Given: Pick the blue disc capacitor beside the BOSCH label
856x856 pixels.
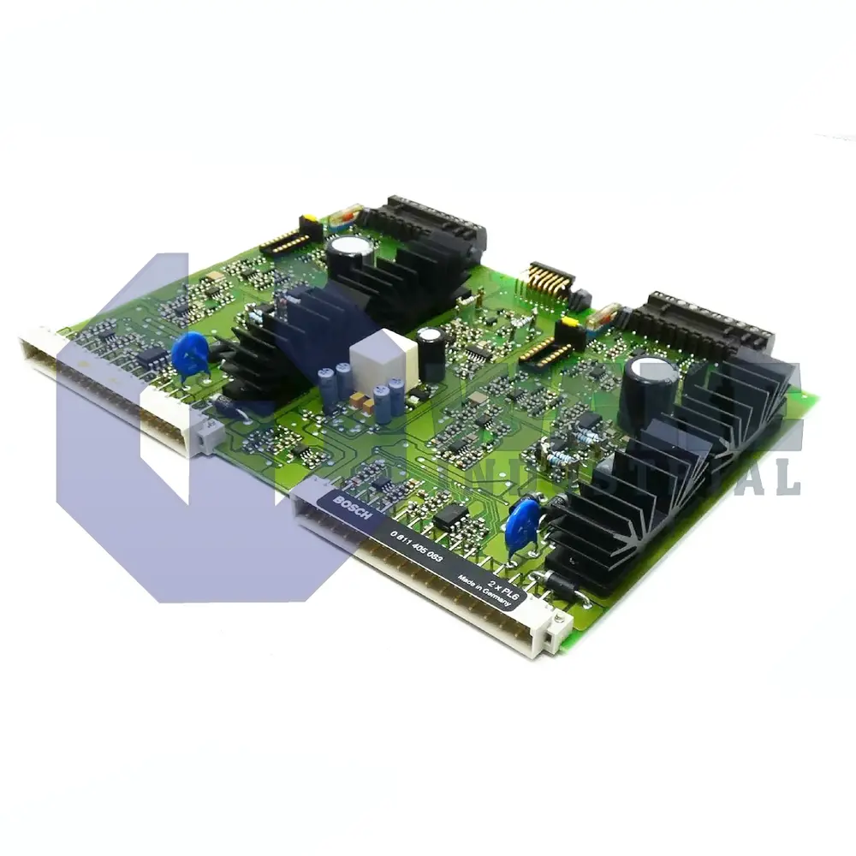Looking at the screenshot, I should coord(522,522).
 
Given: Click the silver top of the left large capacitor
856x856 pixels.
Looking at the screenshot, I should coord(351,246).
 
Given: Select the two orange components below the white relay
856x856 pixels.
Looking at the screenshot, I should coord(360,401).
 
